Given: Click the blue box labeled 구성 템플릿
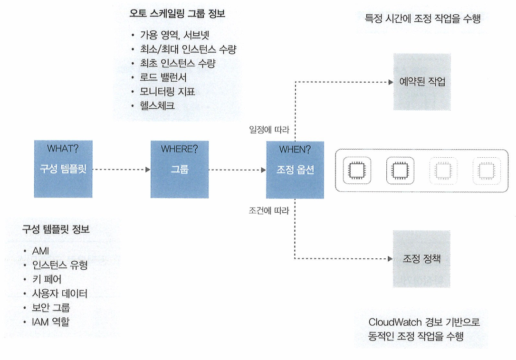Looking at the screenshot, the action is coord(63,169).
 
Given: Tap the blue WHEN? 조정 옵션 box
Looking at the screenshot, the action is coord(295,169).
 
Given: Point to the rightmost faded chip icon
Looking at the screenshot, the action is coord(486,170).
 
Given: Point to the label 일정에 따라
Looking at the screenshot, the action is coord(269,129).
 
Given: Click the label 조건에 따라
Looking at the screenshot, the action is coord(269,209).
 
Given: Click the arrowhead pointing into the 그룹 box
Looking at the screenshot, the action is coord(148,169).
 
